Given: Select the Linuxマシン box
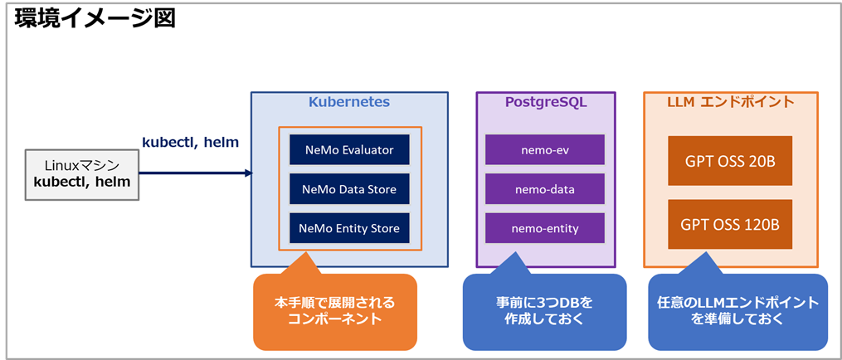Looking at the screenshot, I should click(x=82, y=174).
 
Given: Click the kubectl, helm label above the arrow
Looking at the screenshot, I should click(x=191, y=143).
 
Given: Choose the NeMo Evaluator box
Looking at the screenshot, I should click(x=349, y=150).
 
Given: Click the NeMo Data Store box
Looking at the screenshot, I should click(x=349, y=189).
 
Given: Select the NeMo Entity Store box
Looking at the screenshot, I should click(x=349, y=227).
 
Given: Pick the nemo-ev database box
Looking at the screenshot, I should click(x=544, y=150).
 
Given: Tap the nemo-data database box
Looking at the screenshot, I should click(x=544, y=189).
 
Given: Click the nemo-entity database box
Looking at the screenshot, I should click(x=544, y=227).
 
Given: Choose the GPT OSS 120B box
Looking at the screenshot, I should click(x=730, y=224).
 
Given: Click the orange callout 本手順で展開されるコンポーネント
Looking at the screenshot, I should click(x=335, y=311).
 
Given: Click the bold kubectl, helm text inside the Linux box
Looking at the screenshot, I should click(x=82, y=182).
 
